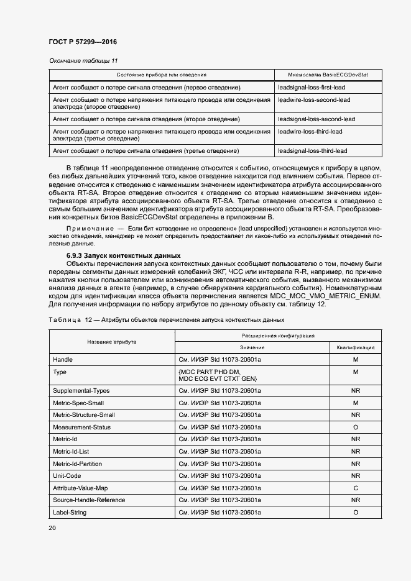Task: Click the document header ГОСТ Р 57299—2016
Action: (82, 42)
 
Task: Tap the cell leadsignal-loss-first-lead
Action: (315, 87)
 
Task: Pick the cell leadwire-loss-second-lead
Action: (315, 99)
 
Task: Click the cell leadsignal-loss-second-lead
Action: (316, 119)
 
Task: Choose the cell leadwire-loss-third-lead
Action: (310, 131)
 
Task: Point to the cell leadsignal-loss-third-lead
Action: (313, 150)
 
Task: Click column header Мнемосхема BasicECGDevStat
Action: (328, 75)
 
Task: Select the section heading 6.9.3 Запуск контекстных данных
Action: (124, 255)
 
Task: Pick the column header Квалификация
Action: (356, 347)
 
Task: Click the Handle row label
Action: (63, 360)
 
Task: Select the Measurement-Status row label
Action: (79, 428)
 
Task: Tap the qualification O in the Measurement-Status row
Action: (356, 428)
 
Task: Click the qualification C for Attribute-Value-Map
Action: (356, 488)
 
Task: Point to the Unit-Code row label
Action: (67, 476)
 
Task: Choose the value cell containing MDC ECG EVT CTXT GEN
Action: (218, 379)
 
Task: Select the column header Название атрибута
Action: (112, 342)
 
